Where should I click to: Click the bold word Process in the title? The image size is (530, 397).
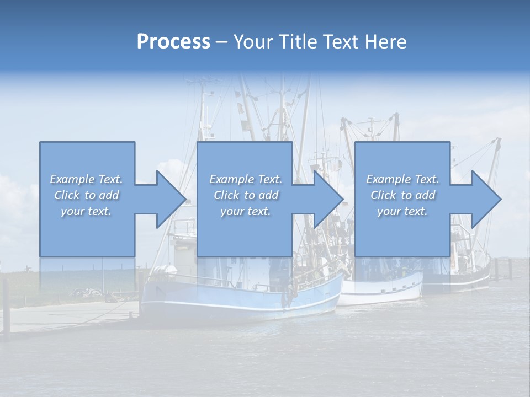tap(173, 42)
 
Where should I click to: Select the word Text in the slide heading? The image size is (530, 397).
tap(342, 42)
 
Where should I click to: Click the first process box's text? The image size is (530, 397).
tap(87, 195)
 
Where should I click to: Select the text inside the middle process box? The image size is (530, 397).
tap(246, 195)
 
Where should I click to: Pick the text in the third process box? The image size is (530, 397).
tap(402, 195)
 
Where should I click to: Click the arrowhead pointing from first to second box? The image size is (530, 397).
tap(171, 199)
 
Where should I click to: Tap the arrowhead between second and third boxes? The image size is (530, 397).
tap(328, 199)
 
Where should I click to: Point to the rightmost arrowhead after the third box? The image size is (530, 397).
tap(486, 199)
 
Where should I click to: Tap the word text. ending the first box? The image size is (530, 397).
tap(99, 211)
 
